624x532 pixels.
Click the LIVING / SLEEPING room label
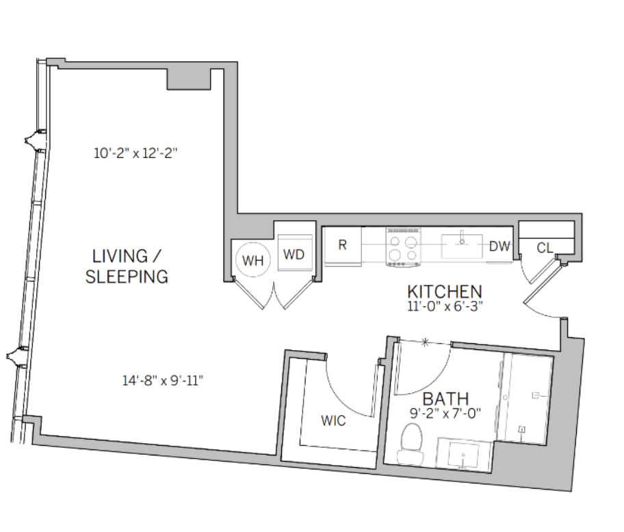[x=127, y=267]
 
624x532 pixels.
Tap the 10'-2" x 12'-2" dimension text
[x=135, y=153]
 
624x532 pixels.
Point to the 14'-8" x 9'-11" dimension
[x=163, y=380]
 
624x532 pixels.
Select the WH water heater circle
[x=252, y=260]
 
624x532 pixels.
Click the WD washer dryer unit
[x=294, y=253]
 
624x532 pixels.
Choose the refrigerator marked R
[x=343, y=245]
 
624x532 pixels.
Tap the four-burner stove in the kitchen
[x=404, y=247]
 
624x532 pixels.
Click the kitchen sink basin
[x=462, y=246]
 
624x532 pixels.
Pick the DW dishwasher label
[x=499, y=247]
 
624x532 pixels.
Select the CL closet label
[x=545, y=248]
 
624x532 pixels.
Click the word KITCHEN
[x=445, y=292]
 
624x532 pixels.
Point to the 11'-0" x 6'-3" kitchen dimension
[x=445, y=306]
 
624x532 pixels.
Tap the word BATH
[x=445, y=399]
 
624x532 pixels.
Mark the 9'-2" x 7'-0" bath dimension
[x=445, y=414]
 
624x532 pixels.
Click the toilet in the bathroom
[x=411, y=443]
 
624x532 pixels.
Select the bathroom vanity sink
[x=464, y=455]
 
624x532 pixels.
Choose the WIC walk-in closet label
[x=333, y=421]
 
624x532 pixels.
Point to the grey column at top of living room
[x=188, y=79]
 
